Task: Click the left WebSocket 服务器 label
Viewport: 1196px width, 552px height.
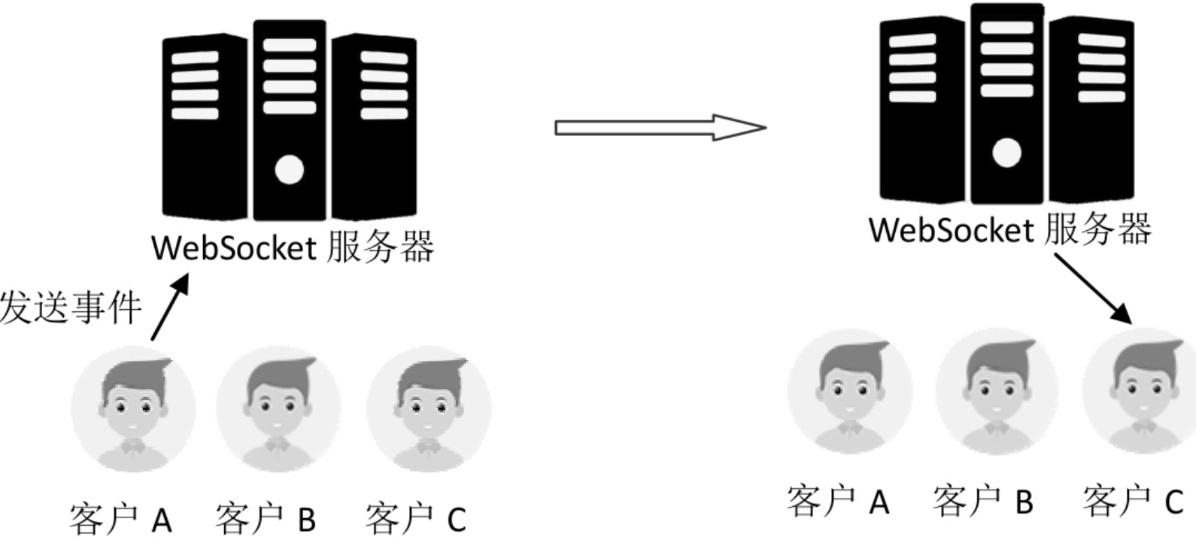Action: pyautogui.click(x=292, y=247)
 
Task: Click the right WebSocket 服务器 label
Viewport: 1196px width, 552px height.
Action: pyautogui.click(x=1009, y=229)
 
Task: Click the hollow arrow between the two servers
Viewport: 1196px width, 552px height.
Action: pyautogui.click(x=660, y=128)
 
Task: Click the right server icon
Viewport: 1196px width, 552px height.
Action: pyautogui.click(x=1006, y=105)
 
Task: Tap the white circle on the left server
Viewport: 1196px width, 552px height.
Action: pyautogui.click(x=289, y=170)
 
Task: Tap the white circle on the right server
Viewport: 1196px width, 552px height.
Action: pyautogui.click(x=1006, y=153)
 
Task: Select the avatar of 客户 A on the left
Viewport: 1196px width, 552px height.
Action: pyautogui.click(x=133, y=409)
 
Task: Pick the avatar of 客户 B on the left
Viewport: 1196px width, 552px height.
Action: pyautogui.click(x=278, y=409)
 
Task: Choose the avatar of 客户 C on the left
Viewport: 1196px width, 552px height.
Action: pyautogui.click(x=428, y=409)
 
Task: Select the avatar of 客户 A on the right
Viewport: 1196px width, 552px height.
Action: pyautogui.click(x=850, y=392)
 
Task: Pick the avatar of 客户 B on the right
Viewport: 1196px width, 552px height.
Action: pyautogui.click(x=997, y=392)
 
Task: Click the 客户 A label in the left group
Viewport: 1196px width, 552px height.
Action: pyautogui.click(x=120, y=519)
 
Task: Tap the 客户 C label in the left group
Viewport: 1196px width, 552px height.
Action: pyautogui.click(x=416, y=519)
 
